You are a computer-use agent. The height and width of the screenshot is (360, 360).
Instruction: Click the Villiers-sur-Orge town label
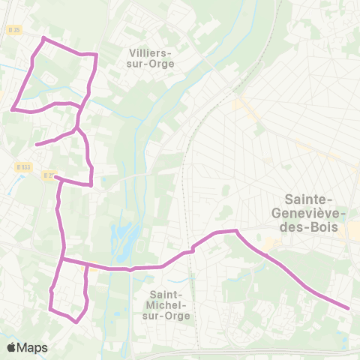tap(151, 58)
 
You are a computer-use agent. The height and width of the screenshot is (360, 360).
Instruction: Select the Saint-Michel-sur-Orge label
tap(170, 304)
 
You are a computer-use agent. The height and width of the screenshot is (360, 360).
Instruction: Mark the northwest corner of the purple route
tap(43, 37)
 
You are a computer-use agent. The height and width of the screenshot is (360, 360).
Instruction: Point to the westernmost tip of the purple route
tap(12, 109)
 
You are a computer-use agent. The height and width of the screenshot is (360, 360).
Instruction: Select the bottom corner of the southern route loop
tap(76, 322)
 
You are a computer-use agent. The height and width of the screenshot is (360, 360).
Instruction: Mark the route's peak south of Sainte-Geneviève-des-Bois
tap(235, 231)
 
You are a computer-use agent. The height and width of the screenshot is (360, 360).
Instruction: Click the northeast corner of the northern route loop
tap(96, 55)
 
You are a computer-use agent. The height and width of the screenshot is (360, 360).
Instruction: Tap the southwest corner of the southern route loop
tap(49, 309)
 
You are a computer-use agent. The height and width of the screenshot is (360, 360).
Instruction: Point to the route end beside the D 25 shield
tap(55, 178)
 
